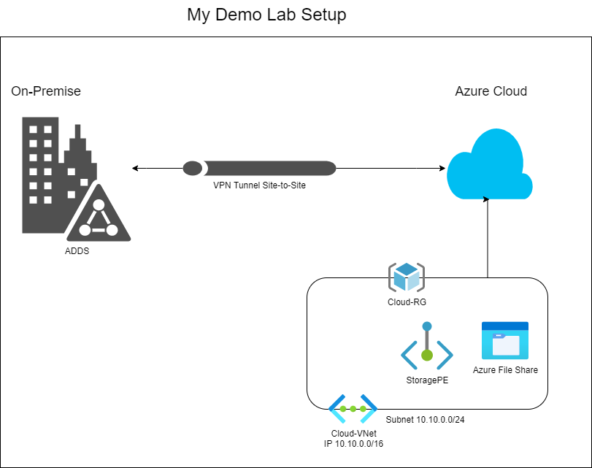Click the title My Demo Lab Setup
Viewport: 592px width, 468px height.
tap(266, 15)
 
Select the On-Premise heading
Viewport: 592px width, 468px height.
tap(46, 91)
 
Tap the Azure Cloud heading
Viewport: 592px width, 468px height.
tap(491, 91)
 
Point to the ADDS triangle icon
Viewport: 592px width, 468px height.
tap(98, 217)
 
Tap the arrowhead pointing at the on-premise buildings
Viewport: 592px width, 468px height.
tap(136, 169)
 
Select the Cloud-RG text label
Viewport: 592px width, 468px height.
tap(407, 301)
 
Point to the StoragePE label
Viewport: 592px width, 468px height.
tap(427, 380)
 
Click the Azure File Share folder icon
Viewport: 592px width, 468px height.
tap(504, 340)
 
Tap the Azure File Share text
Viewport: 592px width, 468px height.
tap(505, 370)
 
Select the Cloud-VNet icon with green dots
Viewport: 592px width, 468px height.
tap(353, 409)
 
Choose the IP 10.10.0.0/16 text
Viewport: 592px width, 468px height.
tap(353, 443)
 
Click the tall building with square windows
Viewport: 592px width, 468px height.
tap(40, 175)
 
